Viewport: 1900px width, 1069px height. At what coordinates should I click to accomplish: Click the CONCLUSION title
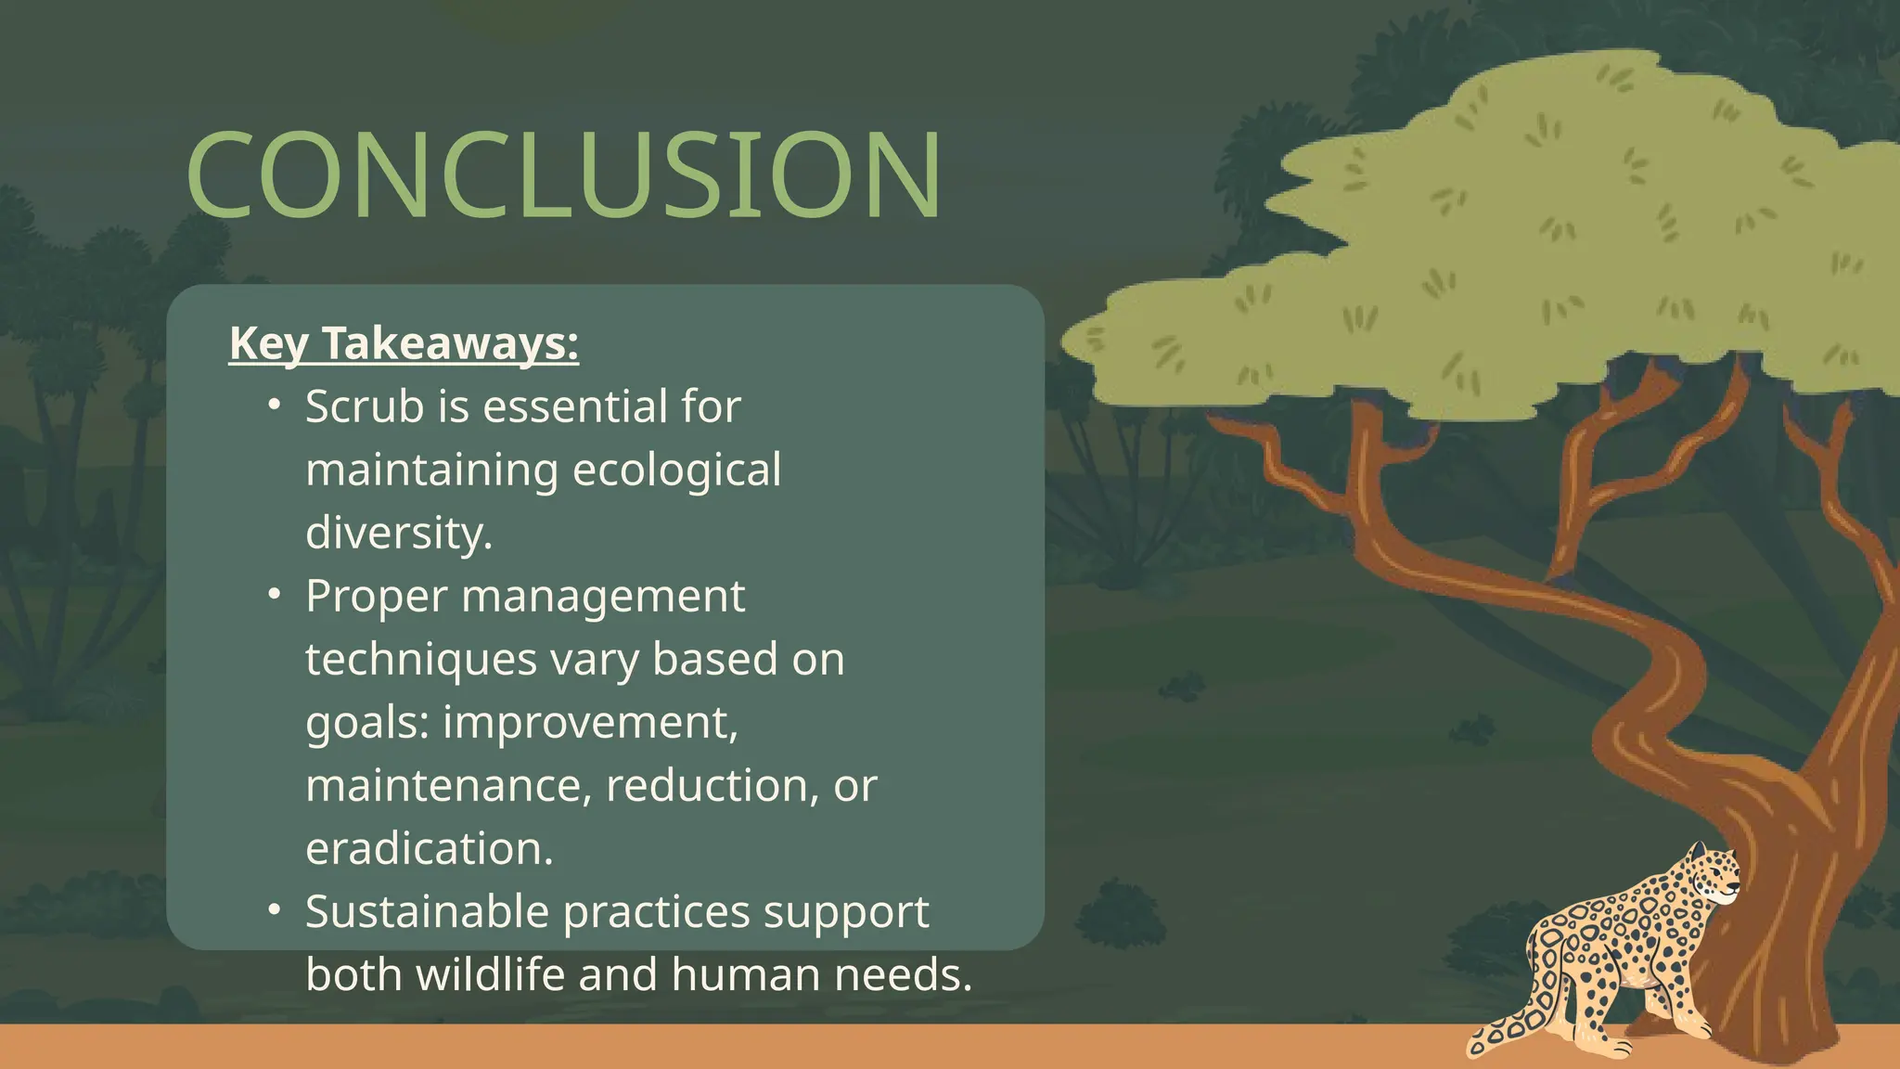(564, 174)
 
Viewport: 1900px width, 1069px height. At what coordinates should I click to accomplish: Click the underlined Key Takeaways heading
(404, 343)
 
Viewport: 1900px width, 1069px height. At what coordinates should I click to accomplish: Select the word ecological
(676, 470)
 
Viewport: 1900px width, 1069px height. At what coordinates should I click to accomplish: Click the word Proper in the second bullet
(377, 596)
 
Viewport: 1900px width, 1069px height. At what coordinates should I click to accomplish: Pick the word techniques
(421, 659)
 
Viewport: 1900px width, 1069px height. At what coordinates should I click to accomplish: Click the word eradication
(429, 848)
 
